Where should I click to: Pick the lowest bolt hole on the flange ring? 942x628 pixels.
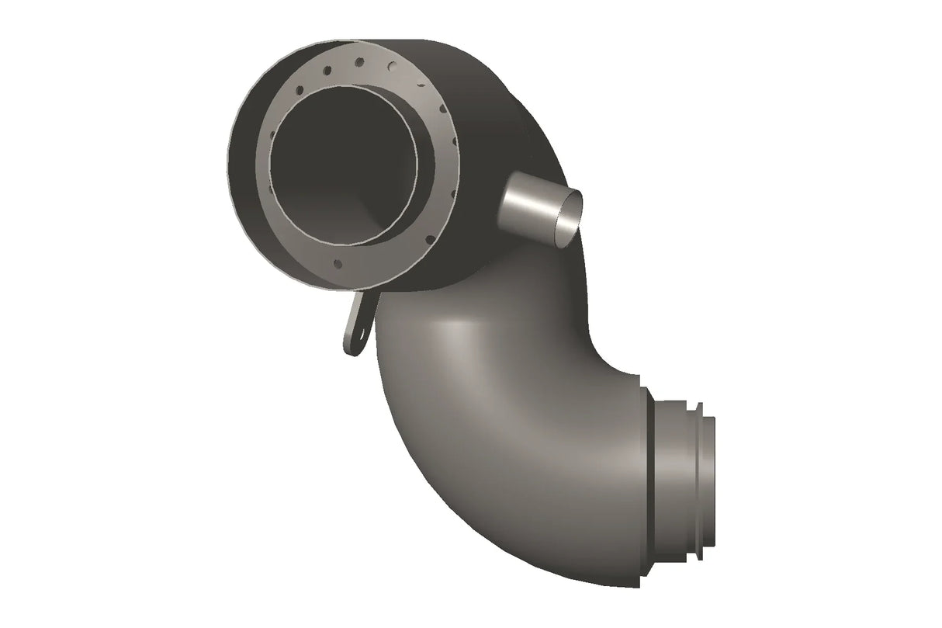click(x=338, y=264)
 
